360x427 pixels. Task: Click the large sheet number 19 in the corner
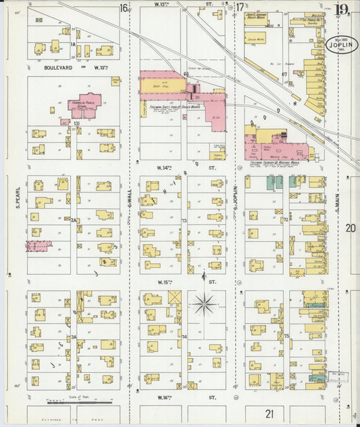pos(342,9)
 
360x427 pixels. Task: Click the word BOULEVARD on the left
pos(57,68)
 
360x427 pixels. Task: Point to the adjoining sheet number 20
pos(350,228)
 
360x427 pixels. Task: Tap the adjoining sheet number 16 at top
pos(124,7)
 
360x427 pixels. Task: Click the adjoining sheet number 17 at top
pos(240,7)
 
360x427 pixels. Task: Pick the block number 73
pos(183,220)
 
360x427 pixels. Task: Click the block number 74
pos(184,336)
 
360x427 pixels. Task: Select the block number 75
pos(286,336)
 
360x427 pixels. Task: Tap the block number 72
pos(286,220)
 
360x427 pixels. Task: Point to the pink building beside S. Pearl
pos(38,247)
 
